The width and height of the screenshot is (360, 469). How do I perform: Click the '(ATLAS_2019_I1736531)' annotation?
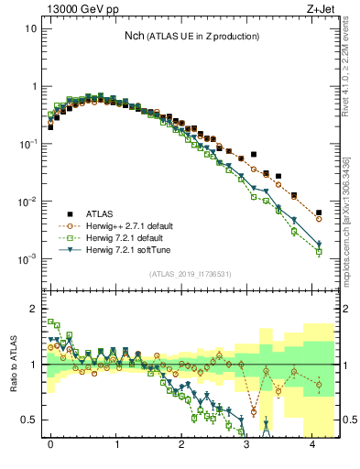191,274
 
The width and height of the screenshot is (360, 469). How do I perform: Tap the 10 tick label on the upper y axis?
31,28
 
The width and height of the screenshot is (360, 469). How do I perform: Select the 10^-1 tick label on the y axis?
27,144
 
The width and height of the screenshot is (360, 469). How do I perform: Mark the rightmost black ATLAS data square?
319,213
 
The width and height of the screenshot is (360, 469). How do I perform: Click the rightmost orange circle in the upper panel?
319,219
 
